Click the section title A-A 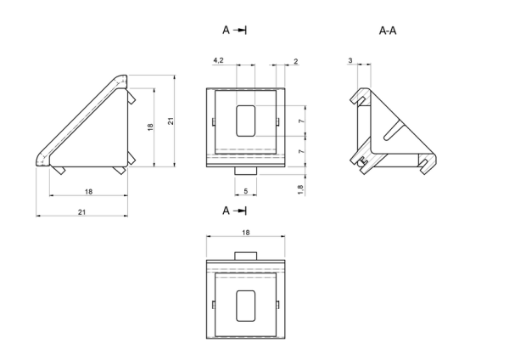pos(388,31)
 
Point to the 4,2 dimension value pos(219,60)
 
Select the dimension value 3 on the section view pos(350,60)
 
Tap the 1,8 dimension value pos(300,189)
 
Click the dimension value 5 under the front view pos(246,191)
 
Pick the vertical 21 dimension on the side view pos(171,121)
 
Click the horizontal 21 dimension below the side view pos(81,212)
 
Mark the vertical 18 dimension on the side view pos(150,127)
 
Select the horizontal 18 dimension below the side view pos(88,192)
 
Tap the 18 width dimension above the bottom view pos(246,233)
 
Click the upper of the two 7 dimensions pos(301,121)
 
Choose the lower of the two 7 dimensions pos(301,151)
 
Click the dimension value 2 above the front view pos(296,61)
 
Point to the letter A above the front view pos(226,31)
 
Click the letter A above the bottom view pos(226,211)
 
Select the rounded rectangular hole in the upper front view pos(246,121)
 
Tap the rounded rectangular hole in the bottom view pos(246,306)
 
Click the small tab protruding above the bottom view pos(246,256)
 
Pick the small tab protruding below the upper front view pos(246,171)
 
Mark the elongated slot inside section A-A pos(392,130)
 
